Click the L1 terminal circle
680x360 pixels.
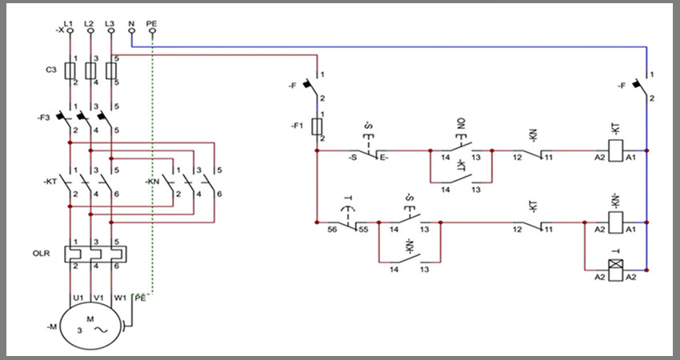(70, 30)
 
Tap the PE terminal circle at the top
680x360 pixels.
(152, 30)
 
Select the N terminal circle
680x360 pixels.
(132, 30)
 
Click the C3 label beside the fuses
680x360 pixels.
(51, 70)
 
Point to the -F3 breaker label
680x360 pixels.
(45, 118)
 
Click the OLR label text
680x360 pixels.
(41, 254)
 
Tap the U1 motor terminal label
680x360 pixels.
(78, 298)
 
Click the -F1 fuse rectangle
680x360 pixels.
(317, 126)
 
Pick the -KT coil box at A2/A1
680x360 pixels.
(616, 150)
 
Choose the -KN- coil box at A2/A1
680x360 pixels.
(616, 222)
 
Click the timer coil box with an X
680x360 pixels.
(616, 270)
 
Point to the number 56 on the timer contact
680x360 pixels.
(332, 230)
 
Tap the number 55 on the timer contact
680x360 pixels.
(363, 230)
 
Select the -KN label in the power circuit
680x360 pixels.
(152, 182)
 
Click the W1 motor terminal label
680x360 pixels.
(120, 298)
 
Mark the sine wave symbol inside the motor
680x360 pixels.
(101, 330)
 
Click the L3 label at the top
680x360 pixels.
(110, 23)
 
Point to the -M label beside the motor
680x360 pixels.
(52, 327)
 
